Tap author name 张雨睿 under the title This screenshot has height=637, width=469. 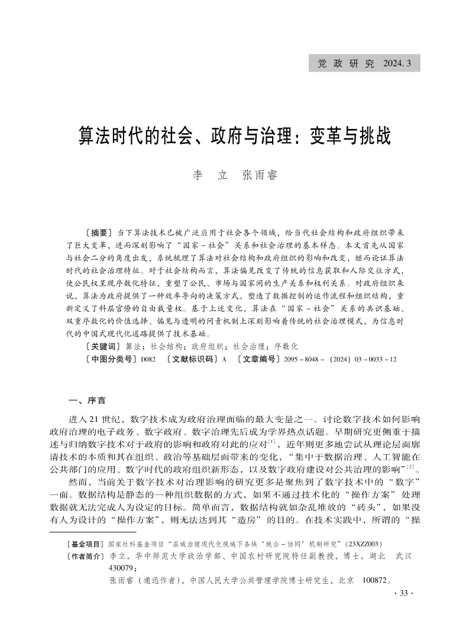click(260, 176)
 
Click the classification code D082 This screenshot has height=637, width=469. click(147, 360)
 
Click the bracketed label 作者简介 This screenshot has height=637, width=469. click(86, 556)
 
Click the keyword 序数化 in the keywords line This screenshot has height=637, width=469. click(286, 345)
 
